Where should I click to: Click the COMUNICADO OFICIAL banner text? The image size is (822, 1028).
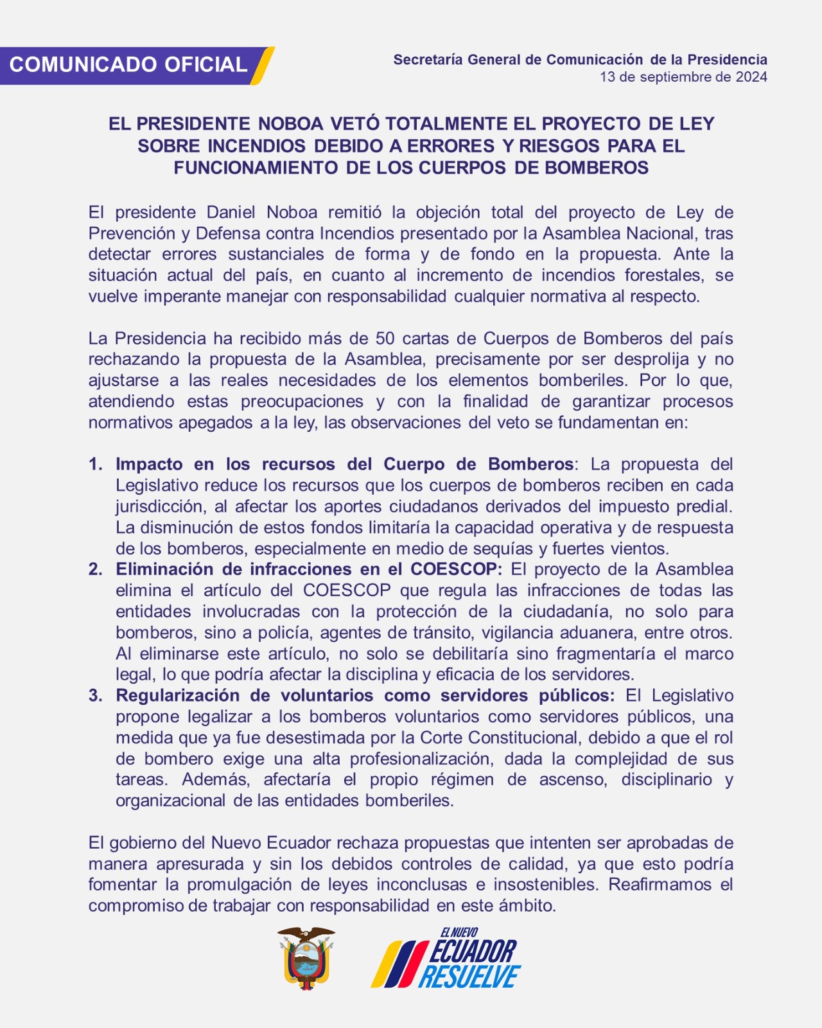pos(128,65)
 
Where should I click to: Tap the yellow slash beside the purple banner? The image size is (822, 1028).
pos(263,66)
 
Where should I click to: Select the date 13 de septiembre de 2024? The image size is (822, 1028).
pos(683,77)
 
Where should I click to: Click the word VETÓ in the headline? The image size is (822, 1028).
pos(355,123)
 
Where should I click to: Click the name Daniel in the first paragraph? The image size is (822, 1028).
pos(231,213)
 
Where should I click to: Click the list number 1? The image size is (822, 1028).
pos(95,465)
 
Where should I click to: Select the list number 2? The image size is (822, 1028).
pos(95,569)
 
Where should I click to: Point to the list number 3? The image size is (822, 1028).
pos(95,696)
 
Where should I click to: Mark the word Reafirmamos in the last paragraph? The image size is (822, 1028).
pos(660,885)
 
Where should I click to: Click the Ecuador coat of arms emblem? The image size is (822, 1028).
pos(306,958)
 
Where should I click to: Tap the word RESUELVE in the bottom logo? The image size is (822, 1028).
pos(469,977)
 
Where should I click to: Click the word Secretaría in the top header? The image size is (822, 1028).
pos(428,60)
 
